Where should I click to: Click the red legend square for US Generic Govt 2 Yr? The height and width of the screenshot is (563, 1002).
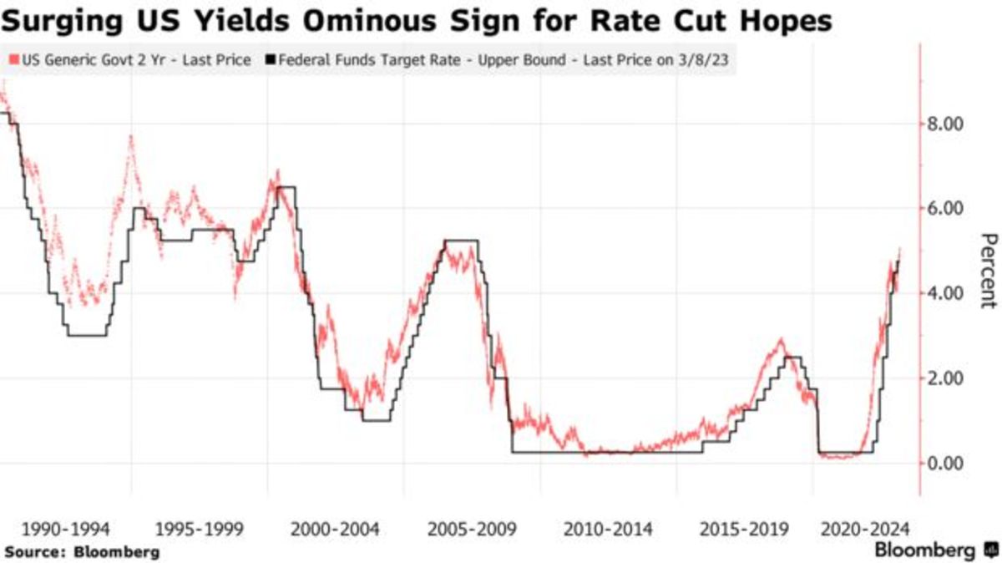(11, 61)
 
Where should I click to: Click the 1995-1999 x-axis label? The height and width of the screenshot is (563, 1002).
(200, 529)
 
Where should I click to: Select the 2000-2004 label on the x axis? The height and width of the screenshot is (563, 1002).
(336, 529)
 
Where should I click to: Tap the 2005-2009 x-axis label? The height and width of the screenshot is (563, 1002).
(472, 529)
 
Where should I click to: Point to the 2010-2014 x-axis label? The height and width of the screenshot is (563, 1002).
(608, 529)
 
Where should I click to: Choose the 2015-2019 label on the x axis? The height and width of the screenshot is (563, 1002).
(744, 529)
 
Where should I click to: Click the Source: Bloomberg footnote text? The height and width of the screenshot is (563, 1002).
(82, 552)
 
